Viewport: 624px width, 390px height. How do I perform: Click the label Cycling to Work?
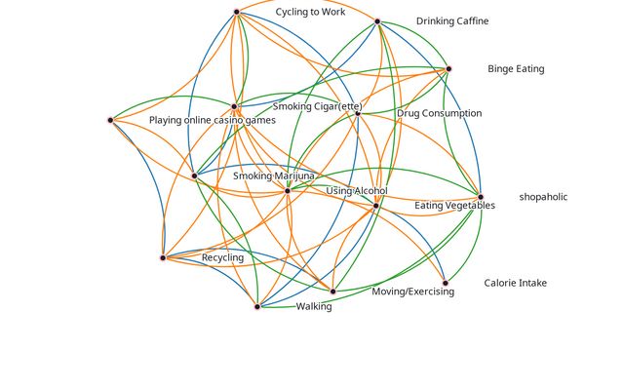click(x=310, y=13)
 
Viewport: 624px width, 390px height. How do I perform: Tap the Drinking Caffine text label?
click(x=452, y=21)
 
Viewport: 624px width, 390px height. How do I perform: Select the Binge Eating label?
click(x=516, y=69)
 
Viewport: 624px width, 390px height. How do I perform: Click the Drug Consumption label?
click(x=439, y=113)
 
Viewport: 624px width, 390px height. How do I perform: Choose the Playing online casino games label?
click(x=212, y=120)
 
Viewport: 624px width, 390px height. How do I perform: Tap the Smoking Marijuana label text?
click(x=274, y=175)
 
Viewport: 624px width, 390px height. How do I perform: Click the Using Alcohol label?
click(x=357, y=191)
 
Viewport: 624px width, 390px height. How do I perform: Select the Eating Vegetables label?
click(x=454, y=206)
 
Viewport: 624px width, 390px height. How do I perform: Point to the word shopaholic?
click(x=543, y=197)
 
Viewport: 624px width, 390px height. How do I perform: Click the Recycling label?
click(x=222, y=257)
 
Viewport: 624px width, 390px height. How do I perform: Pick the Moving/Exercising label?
click(x=412, y=292)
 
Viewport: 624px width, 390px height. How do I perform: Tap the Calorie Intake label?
click(x=516, y=284)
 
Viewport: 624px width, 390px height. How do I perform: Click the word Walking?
click(x=314, y=306)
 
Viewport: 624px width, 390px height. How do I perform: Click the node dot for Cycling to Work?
click(x=237, y=12)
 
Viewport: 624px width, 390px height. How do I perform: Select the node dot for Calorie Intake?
click(x=446, y=283)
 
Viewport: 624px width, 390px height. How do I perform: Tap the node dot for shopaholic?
click(x=481, y=197)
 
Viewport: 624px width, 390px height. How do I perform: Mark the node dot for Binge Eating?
click(x=448, y=69)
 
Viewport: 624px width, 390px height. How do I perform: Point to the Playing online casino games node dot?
click(x=110, y=120)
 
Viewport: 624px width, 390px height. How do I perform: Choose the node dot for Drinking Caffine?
click(x=377, y=20)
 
